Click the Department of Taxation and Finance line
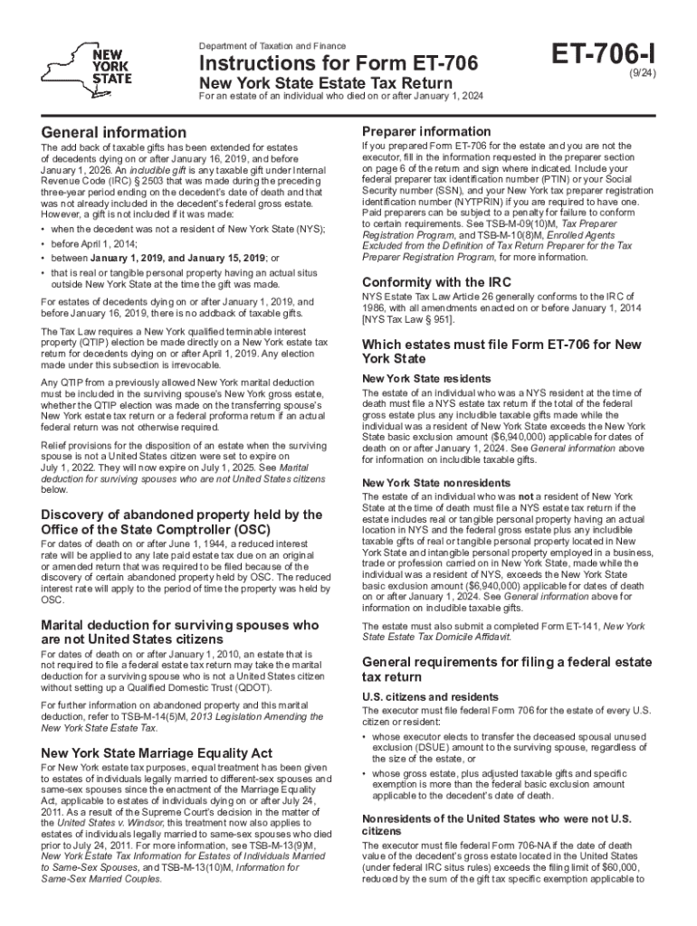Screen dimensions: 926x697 coord(272,45)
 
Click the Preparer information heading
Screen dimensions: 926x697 coord(426,131)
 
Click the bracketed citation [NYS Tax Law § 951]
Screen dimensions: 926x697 coord(408,320)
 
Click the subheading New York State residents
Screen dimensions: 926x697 coord(414,378)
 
